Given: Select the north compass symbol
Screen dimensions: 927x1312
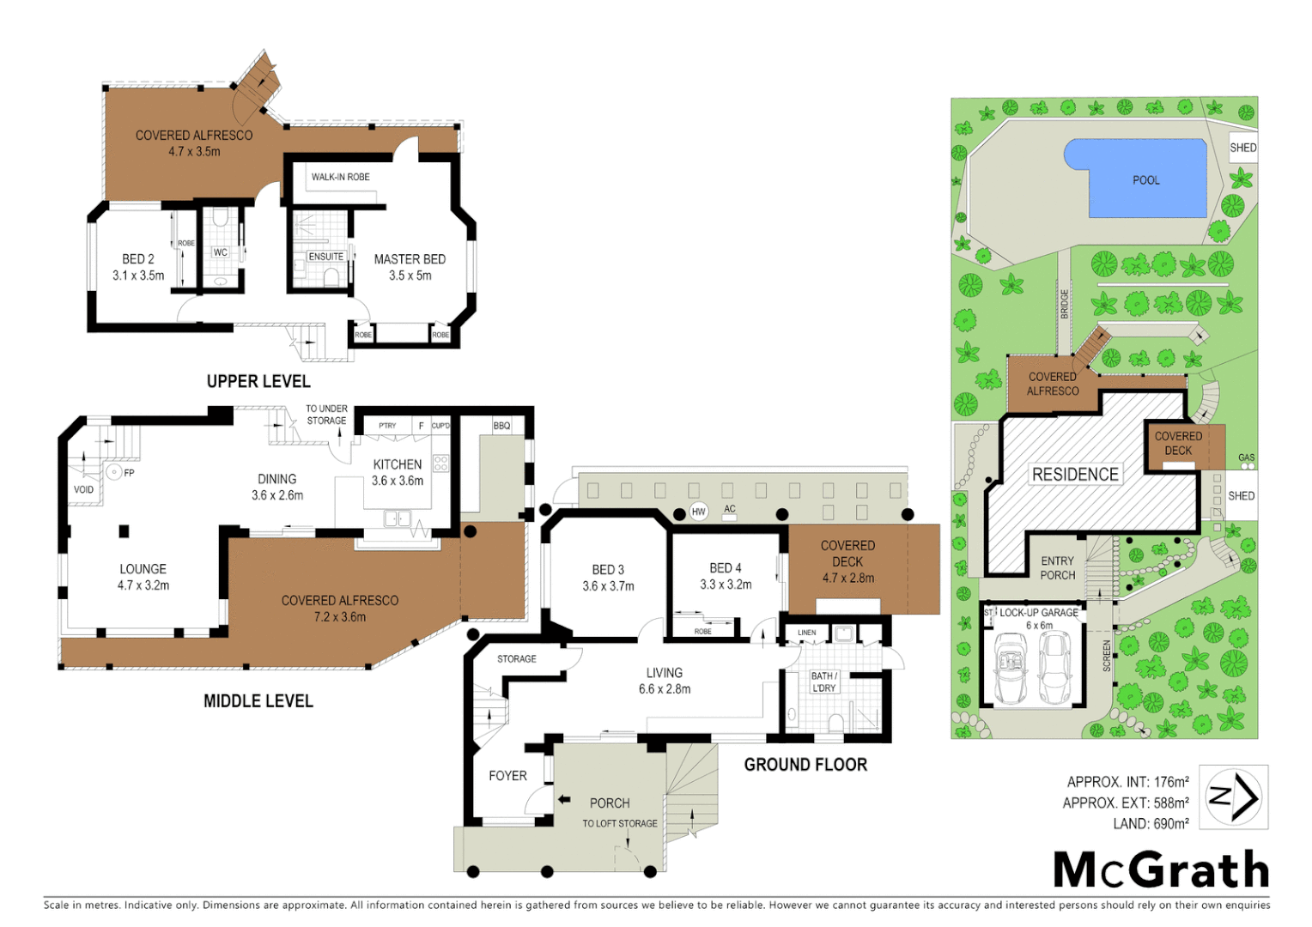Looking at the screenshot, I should pyautogui.click(x=1233, y=797).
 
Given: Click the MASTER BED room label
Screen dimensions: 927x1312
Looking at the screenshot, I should pyautogui.click(x=410, y=259).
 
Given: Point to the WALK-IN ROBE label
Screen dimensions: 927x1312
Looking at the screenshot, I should pyautogui.click(x=340, y=177).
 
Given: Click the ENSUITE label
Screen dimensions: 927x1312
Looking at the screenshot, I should pyautogui.click(x=325, y=257).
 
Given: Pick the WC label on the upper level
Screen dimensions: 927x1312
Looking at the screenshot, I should pyautogui.click(x=221, y=252).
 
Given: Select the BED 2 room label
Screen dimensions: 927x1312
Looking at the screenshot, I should pyautogui.click(x=138, y=259).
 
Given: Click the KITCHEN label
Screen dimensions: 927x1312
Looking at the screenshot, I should pyautogui.click(x=397, y=464).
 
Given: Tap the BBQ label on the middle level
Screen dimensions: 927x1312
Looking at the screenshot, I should pyautogui.click(x=501, y=426).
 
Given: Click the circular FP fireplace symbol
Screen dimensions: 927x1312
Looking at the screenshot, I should pyautogui.click(x=113, y=472).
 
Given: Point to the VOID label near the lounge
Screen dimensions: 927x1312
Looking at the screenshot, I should pyautogui.click(x=83, y=490).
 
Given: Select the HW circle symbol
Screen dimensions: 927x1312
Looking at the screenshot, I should pyautogui.click(x=698, y=512).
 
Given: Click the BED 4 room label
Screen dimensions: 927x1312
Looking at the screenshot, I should pyautogui.click(x=726, y=568).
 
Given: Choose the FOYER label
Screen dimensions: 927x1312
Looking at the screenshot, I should pyautogui.click(x=507, y=776).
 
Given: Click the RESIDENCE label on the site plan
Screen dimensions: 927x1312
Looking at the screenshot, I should pyautogui.click(x=1075, y=475).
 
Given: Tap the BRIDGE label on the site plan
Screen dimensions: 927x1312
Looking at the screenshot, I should pyautogui.click(x=1065, y=304).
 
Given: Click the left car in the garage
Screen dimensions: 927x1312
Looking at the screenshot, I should pyautogui.click(x=1011, y=668).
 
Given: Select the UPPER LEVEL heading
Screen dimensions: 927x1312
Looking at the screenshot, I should pyautogui.click(x=258, y=381).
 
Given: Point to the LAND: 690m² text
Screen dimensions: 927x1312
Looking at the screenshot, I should pyautogui.click(x=1151, y=824).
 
